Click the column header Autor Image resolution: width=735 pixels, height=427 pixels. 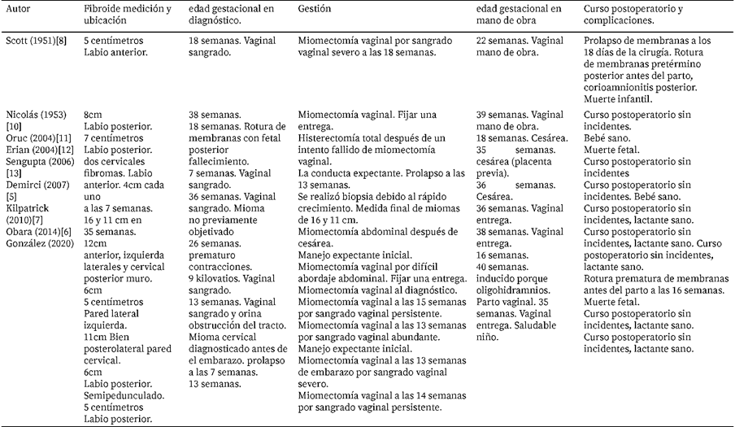[x=19, y=8]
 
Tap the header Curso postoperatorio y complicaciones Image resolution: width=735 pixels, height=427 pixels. [x=635, y=14]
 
